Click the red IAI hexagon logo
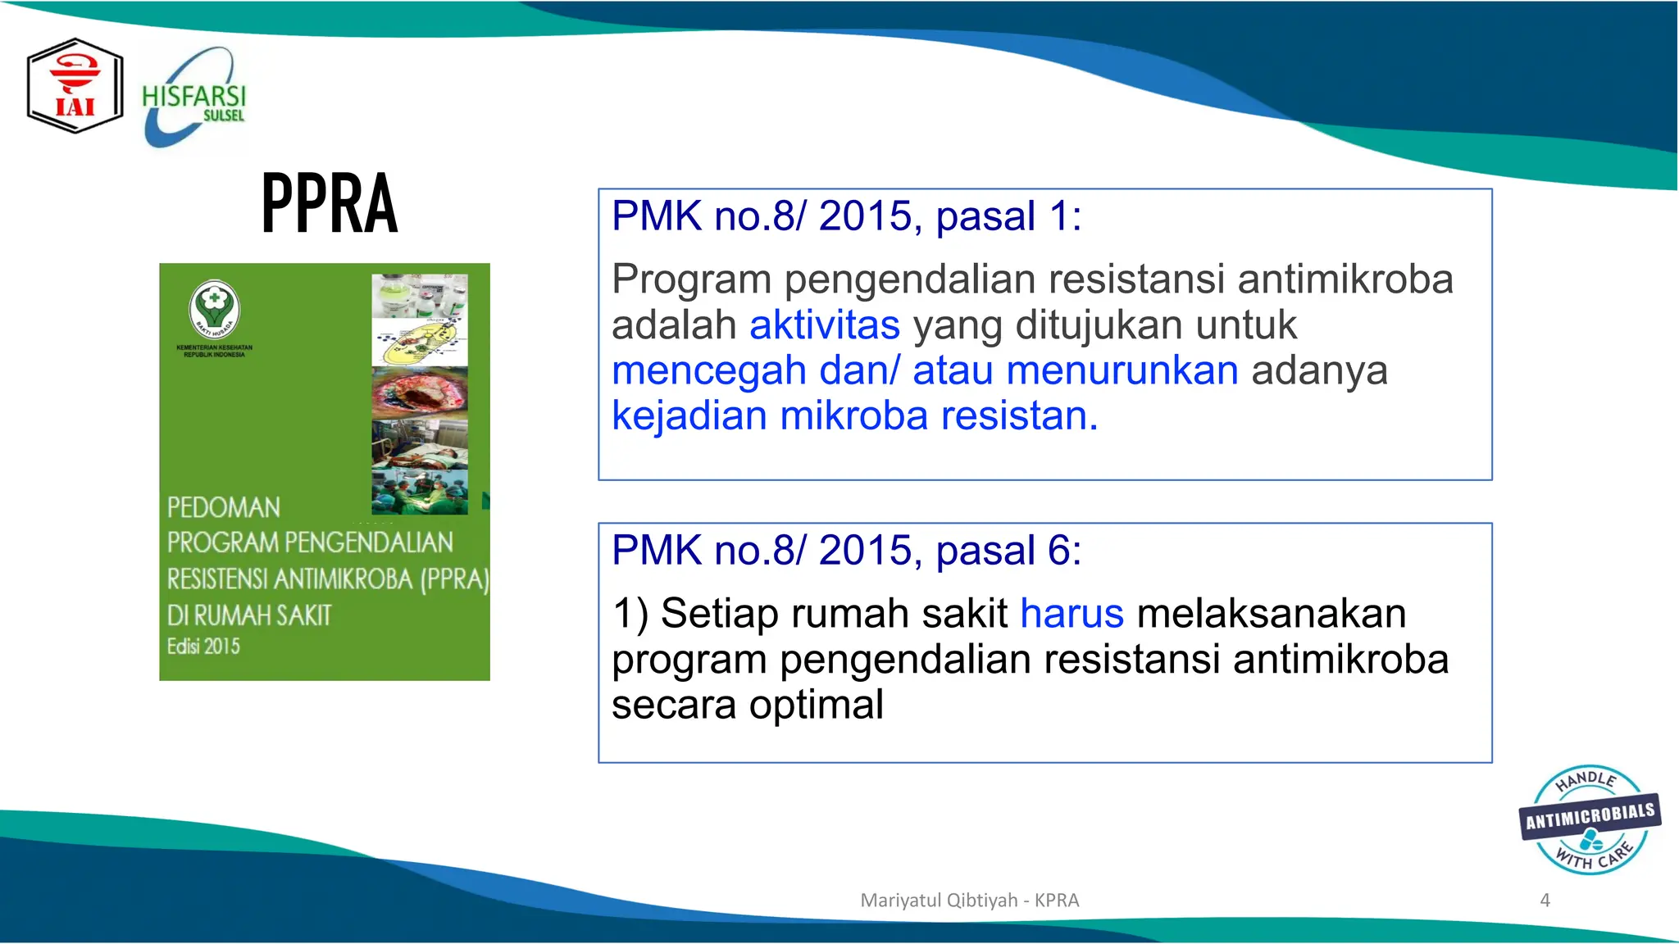click(75, 86)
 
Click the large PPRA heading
click(330, 203)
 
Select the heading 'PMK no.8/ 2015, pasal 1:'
click(846, 216)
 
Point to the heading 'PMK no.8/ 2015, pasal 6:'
click(846, 550)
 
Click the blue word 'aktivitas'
click(824, 325)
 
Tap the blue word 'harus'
click(1072, 614)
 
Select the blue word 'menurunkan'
click(1122, 370)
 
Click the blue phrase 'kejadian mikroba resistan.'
click(854, 416)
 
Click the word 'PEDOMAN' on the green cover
click(223, 508)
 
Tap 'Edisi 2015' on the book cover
click(203, 647)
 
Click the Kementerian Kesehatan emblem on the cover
click(214, 309)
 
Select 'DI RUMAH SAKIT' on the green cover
click(249, 615)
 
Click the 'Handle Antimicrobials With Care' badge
click(1589, 819)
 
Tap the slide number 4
click(1545, 900)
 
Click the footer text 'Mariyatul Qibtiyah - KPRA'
click(969, 900)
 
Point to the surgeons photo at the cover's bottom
click(420, 492)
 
